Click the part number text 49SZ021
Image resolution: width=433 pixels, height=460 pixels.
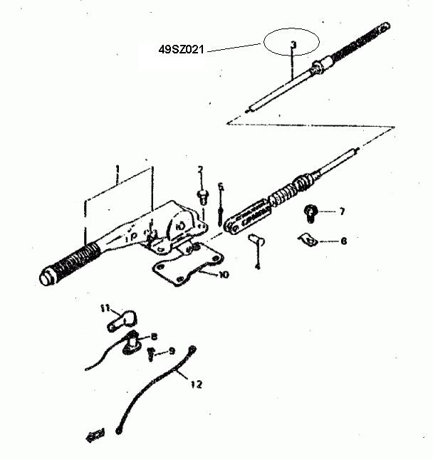[x=181, y=49]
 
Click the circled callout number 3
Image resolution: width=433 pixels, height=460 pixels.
[x=293, y=44]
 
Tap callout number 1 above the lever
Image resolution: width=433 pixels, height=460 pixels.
[x=118, y=169]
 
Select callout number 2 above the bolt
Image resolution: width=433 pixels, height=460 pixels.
[x=200, y=169]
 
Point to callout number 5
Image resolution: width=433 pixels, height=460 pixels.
[x=221, y=187]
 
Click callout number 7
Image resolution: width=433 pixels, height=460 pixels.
[x=342, y=211]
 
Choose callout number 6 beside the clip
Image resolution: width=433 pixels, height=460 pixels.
[x=343, y=241]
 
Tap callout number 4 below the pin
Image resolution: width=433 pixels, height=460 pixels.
[x=258, y=266]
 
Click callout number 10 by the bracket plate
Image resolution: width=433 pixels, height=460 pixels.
[x=224, y=275]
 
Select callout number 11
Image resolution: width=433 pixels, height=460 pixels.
[x=105, y=308]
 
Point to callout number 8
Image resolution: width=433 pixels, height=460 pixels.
[x=154, y=337]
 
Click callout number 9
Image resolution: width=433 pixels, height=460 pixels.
[x=172, y=351]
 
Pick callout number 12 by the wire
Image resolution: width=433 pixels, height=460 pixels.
[x=197, y=384]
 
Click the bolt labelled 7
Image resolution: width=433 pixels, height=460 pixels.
[x=311, y=214]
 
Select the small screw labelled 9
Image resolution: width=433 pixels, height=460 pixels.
[x=151, y=354]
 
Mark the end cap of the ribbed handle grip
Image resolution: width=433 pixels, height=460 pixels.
[x=47, y=276]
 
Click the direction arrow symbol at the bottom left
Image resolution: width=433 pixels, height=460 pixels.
[x=95, y=435]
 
